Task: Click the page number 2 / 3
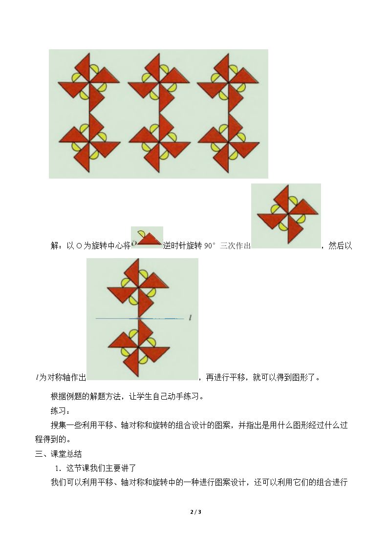(195, 512)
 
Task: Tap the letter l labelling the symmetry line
(190, 318)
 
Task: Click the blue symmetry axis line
(140, 318)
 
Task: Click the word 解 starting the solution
(55, 245)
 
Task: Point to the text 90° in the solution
(210, 245)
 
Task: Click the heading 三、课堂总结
(59, 454)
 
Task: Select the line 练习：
(60, 411)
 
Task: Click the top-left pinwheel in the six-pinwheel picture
(89, 82)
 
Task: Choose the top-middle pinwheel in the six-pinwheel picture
(159, 82)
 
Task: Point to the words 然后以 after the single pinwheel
(340, 245)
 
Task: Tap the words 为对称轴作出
(62, 377)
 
